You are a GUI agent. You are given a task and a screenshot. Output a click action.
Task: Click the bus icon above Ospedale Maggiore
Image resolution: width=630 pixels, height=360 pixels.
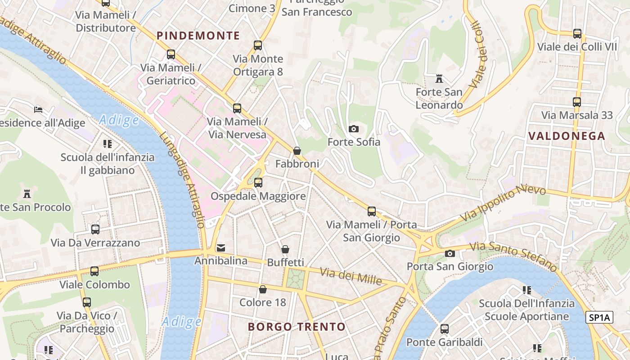coord(258,183)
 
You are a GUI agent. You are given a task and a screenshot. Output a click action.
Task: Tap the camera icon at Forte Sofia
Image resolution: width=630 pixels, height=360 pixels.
coord(354,129)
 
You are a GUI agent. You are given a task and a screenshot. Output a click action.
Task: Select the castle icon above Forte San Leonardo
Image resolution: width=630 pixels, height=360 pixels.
coord(439,79)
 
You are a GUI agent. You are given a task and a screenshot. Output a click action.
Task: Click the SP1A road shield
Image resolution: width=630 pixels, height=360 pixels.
coord(600,317)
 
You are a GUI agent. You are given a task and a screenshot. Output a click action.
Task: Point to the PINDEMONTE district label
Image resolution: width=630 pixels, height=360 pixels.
coord(198,36)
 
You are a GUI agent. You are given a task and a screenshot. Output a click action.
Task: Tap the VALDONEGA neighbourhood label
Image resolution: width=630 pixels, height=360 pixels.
coord(567,136)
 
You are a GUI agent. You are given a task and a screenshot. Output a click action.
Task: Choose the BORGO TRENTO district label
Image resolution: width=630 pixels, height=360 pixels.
coord(297,327)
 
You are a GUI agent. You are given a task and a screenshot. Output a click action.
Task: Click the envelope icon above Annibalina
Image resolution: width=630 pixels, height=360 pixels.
coord(221,248)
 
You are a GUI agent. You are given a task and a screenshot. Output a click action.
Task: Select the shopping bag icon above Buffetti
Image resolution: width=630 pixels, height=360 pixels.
coord(285,249)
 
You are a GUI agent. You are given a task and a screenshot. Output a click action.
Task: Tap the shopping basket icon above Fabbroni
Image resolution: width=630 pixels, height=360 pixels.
coord(297,151)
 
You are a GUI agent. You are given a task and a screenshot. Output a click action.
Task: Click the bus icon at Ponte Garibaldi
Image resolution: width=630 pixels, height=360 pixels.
coord(444,329)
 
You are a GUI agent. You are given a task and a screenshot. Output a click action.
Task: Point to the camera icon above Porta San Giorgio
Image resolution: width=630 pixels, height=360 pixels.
coord(450,254)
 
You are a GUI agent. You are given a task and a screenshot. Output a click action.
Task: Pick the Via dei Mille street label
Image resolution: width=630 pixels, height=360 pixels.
coord(351,276)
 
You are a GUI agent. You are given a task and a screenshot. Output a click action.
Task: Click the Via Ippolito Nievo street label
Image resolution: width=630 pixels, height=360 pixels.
coord(503,203)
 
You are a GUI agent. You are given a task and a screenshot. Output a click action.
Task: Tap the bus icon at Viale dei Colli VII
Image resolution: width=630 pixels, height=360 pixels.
coord(577,34)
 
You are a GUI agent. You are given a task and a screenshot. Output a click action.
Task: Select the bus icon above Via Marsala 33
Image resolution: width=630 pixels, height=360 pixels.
coord(577,102)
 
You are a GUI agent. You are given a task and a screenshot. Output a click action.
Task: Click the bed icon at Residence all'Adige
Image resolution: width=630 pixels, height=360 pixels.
coord(38,109)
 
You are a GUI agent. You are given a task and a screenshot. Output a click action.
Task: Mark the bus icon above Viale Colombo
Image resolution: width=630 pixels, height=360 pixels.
coord(94,271)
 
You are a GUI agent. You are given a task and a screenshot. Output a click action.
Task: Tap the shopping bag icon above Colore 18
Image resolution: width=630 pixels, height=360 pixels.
coord(262,289)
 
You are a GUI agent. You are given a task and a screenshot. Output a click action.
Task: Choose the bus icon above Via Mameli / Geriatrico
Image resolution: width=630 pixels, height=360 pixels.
coord(171,54)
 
